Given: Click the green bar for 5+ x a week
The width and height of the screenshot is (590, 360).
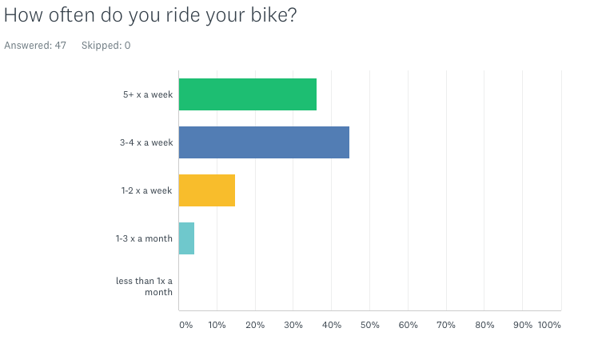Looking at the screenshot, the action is (248, 94).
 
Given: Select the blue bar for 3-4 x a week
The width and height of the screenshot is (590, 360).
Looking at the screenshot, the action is (264, 142).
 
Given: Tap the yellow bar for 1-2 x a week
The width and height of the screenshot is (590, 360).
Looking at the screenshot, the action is (207, 190).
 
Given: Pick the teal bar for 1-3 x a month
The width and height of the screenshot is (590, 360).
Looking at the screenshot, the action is (186, 238).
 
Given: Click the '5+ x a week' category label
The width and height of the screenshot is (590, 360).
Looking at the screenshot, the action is (148, 94).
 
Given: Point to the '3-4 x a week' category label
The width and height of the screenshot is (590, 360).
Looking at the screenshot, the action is (146, 142).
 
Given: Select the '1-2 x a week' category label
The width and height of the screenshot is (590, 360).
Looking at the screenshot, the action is (147, 190).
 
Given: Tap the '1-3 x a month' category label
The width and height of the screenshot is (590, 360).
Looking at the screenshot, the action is (144, 238).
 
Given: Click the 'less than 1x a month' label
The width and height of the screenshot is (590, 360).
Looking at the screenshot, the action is (144, 286).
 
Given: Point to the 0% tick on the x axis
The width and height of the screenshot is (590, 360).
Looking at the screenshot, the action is (186, 325).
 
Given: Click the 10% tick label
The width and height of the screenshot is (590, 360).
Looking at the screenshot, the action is (217, 325).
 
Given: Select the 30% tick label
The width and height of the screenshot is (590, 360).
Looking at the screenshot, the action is (293, 325).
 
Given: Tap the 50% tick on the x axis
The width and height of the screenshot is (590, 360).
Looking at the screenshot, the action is (370, 325).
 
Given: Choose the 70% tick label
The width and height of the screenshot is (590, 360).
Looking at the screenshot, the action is (446, 325).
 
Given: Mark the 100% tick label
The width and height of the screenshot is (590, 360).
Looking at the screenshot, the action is (549, 325).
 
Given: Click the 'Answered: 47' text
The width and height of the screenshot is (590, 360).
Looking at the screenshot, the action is (35, 46).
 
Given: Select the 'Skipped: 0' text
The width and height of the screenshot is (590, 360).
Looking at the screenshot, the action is (106, 46).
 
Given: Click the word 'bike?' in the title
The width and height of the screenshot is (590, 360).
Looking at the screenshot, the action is (273, 15).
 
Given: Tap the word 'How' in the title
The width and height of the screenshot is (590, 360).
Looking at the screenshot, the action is (23, 15).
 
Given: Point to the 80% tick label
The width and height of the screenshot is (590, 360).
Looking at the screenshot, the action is (484, 325).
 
